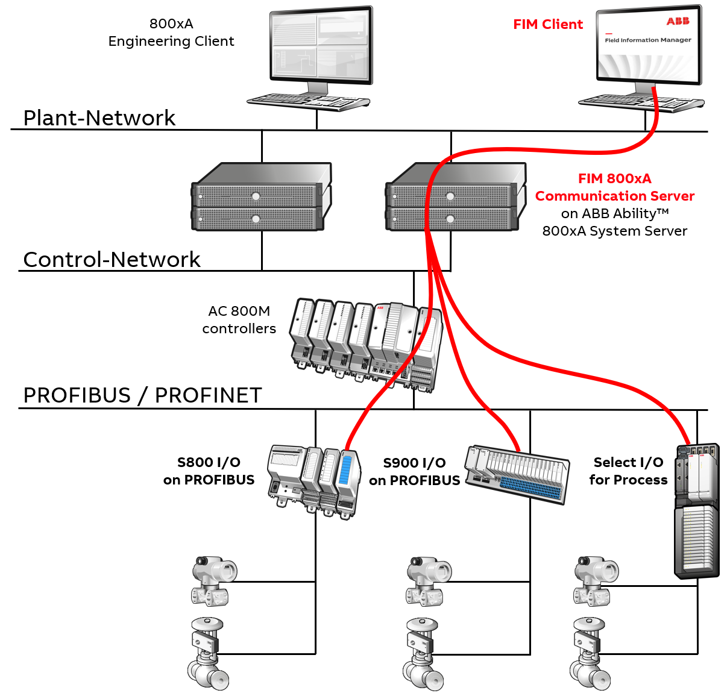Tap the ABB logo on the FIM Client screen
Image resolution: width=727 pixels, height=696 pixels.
678,22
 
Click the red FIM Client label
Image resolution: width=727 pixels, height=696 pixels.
548,25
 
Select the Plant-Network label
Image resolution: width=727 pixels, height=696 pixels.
99,118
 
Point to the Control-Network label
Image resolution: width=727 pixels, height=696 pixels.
112,259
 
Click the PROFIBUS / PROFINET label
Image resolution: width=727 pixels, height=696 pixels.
142,395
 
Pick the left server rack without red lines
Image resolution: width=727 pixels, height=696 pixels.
261,197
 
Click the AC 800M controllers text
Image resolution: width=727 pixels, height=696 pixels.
239,320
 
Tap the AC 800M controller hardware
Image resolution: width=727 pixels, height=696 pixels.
367,340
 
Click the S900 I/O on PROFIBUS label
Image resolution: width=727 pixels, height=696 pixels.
414,471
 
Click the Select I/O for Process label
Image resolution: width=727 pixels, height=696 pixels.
628,471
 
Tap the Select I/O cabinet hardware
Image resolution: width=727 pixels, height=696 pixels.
696,512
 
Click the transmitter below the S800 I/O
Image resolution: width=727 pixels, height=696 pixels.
212,581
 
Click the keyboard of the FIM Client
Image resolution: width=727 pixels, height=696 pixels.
640,103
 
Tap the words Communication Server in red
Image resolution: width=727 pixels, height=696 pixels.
614,196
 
